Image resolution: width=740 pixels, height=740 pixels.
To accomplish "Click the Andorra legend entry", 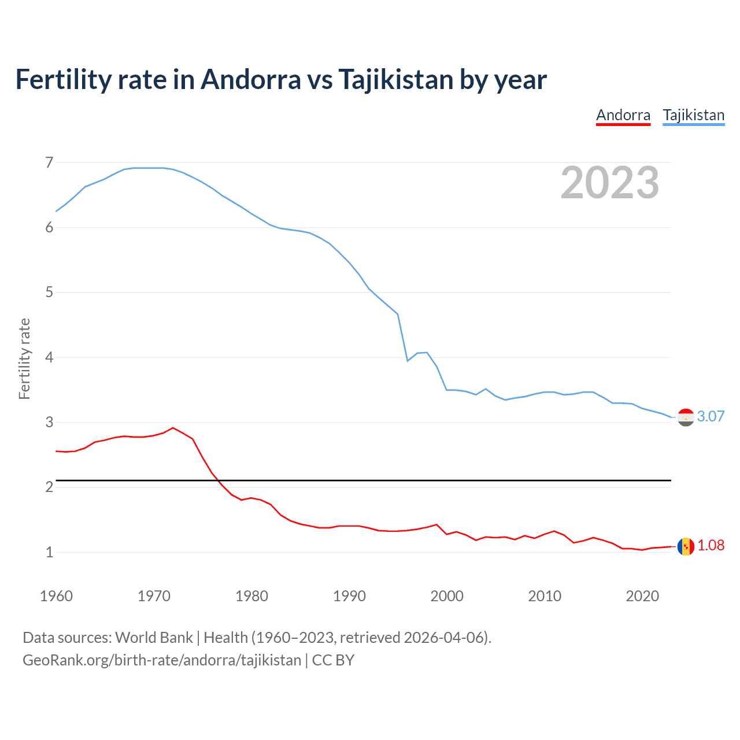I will tap(623, 115).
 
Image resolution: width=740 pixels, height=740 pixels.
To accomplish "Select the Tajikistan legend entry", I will tap(693, 115).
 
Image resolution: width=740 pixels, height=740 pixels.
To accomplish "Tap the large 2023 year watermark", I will tap(609, 183).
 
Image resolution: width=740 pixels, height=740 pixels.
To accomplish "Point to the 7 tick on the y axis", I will tap(49, 162).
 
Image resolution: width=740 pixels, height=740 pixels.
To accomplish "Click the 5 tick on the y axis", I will tap(49, 293).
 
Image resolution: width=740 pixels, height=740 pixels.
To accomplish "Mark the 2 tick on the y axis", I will tap(49, 487).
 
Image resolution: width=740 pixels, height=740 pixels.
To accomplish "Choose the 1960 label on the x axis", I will tap(56, 596).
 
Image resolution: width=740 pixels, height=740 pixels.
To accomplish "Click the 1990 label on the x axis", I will tap(349, 596).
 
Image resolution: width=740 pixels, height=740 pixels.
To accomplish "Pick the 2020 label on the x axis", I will tap(642, 596).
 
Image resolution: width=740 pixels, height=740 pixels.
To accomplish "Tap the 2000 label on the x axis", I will tap(447, 596).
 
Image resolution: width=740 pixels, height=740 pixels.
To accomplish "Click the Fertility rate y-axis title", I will tap(24, 358).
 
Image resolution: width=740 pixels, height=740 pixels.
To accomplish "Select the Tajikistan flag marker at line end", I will tap(686, 417).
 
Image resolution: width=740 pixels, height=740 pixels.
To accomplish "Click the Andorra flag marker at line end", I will tap(686, 546).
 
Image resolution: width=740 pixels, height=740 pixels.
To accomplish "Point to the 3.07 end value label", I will tap(711, 416).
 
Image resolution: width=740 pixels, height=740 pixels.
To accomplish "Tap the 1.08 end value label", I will tap(711, 545).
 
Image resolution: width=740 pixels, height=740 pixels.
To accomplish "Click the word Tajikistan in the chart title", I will tap(395, 80).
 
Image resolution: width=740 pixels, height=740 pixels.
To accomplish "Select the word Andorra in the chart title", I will tap(250, 80).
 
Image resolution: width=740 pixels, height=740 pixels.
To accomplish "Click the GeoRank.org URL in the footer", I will tap(162, 660).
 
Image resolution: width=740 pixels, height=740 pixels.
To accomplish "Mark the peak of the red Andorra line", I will tap(173, 428).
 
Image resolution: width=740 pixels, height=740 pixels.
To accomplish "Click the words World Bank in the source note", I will tap(154, 638).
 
